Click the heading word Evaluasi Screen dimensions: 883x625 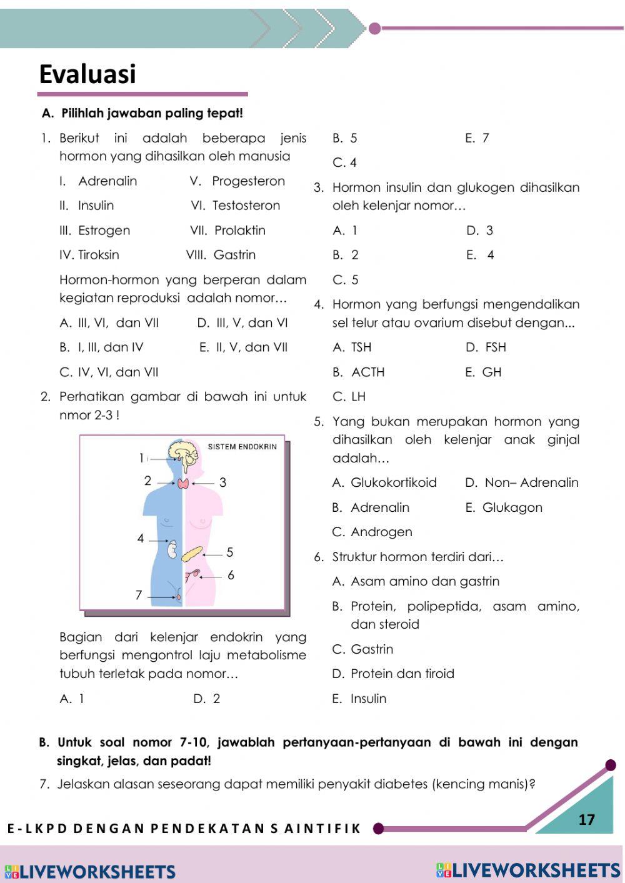(x=87, y=74)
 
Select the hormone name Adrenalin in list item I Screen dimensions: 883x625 (x=107, y=181)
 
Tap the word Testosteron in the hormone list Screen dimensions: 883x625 (x=246, y=206)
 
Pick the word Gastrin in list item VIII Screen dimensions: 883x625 (x=234, y=255)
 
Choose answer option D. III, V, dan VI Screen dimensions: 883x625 (x=242, y=323)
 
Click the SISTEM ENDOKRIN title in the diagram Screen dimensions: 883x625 (x=242, y=447)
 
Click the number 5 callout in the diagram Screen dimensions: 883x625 (x=230, y=552)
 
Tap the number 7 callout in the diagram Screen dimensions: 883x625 (x=139, y=596)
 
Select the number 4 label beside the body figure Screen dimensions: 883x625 (x=141, y=539)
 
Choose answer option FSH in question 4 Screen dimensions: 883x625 (x=496, y=347)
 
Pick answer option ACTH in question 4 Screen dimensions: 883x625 (x=368, y=372)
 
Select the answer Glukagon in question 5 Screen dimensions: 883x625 (x=512, y=508)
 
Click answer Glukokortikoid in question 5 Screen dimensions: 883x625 (x=394, y=483)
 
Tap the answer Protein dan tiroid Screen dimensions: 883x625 (x=402, y=674)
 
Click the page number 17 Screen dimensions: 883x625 (x=586, y=820)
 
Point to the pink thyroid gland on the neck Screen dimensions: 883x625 (x=184, y=483)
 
